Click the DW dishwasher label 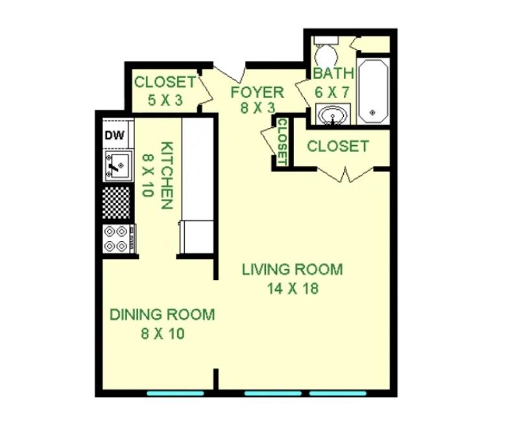click(x=115, y=135)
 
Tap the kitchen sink click(x=117, y=166)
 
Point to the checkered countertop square click(x=116, y=202)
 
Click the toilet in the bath click(x=326, y=51)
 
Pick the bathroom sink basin click(x=333, y=115)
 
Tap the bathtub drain click(x=373, y=112)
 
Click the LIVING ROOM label click(x=293, y=270)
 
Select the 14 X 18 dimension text click(x=293, y=288)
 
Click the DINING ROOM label click(x=162, y=314)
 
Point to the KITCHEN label click(x=167, y=175)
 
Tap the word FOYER click(x=258, y=92)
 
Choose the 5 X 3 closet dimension click(x=165, y=100)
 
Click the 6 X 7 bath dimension click(x=331, y=92)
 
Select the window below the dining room click(x=175, y=394)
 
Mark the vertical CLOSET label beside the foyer click(x=282, y=142)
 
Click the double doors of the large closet click(x=346, y=174)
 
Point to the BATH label click(x=333, y=73)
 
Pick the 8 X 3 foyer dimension click(x=258, y=108)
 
